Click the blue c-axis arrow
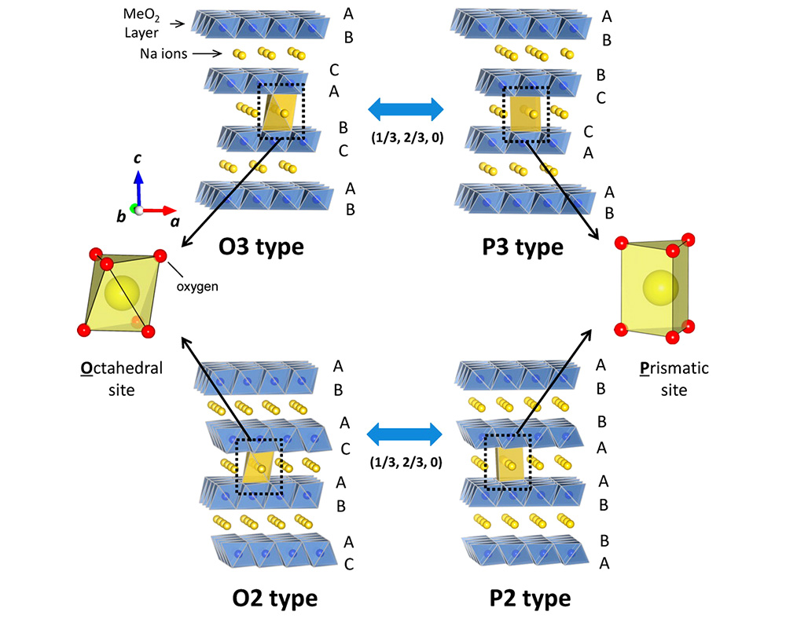(x=138, y=189)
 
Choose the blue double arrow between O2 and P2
(x=406, y=434)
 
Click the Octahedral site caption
(x=127, y=378)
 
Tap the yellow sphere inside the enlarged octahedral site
(x=120, y=295)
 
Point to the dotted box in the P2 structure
(x=508, y=461)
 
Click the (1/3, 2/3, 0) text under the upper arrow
(x=406, y=137)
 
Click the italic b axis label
(x=122, y=216)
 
